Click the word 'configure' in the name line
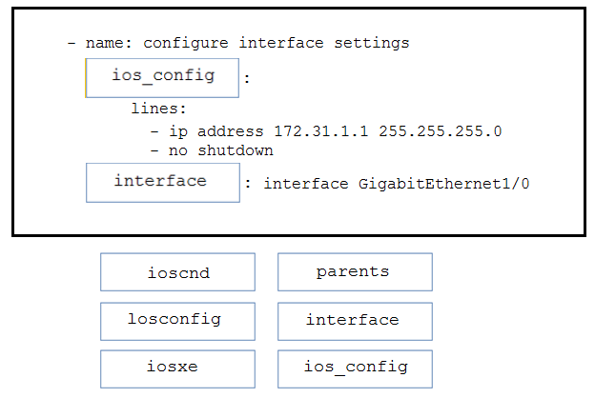(x=186, y=44)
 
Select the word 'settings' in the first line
(x=372, y=44)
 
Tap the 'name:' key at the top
(x=109, y=43)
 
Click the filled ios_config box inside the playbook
(x=162, y=78)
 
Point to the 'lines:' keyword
(x=158, y=109)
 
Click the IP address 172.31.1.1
(x=321, y=131)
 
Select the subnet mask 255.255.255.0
(x=441, y=131)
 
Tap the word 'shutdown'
(x=236, y=150)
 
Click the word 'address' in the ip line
(x=231, y=131)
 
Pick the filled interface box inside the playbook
(x=163, y=183)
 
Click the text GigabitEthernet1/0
(x=443, y=184)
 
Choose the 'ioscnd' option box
(x=177, y=272)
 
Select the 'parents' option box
(x=355, y=272)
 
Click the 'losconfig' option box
(x=177, y=322)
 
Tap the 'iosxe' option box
(x=177, y=369)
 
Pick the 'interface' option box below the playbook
(x=355, y=322)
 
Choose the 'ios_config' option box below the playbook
(x=355, y=369)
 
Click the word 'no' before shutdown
(x=178, y=150)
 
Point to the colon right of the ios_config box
(x=247, y=78)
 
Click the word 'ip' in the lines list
(x=178, y=131)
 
